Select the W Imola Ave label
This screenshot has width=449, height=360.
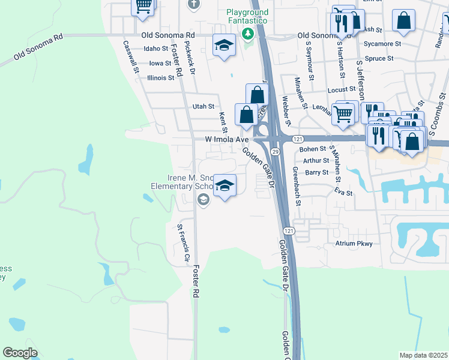(x=226, y=139)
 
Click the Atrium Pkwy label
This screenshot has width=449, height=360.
(x=354, y=244)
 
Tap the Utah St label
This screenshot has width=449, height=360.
(x=203, y=107)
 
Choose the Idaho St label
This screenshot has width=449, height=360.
(x=156, y=49)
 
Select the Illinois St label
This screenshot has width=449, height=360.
(x=152, y=78)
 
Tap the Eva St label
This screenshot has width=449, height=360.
(x=343, y=193)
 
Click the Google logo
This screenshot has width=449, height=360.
(x=20, y=353)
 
